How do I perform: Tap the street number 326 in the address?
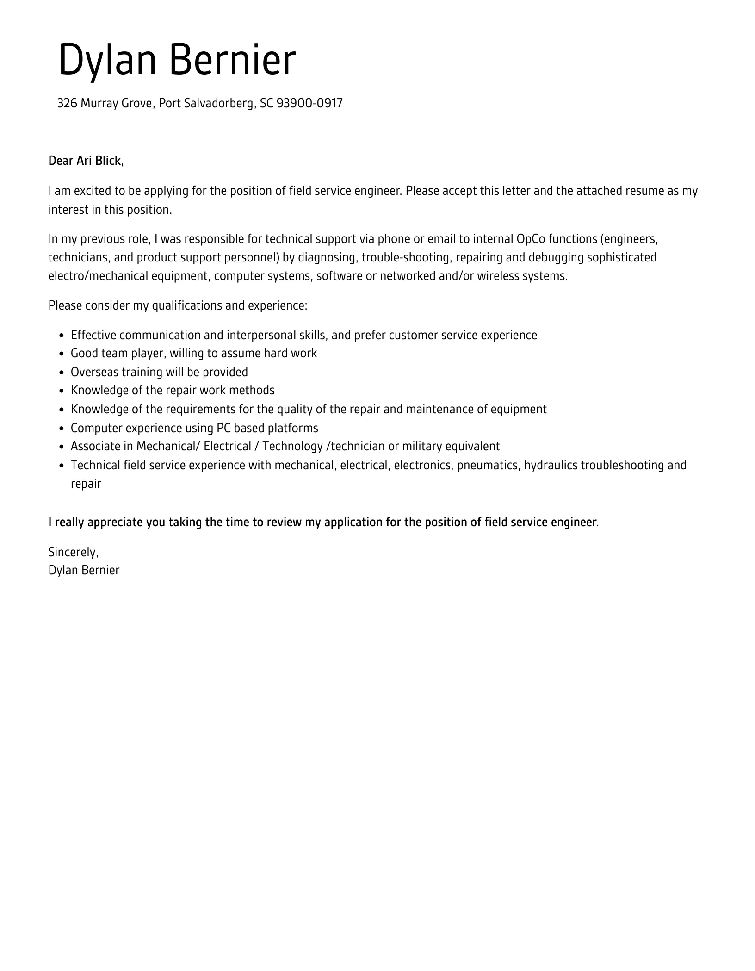[x=67, y=103]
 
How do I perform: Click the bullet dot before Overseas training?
[x=62, y=373]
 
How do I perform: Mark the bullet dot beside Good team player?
[x=62, y=354]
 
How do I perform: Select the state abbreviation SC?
[x=266, y=103]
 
